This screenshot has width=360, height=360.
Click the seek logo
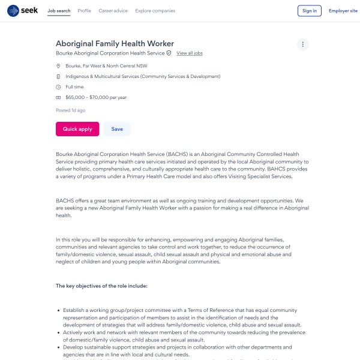tap(23, 11)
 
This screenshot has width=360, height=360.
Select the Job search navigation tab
tap(59, 11)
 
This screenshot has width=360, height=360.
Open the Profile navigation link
tap(85, 11)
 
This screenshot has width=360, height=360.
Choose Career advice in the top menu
tap(113, 11)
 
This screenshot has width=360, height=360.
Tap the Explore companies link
tap(155, 11)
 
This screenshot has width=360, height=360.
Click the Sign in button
tap(310, 11)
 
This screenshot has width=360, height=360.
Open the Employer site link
tap(343, 11)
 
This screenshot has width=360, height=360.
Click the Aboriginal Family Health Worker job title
tap(115, 43)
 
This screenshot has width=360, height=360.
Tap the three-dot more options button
tap(303, 44)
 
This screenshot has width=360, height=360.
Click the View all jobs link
tap(190, 53)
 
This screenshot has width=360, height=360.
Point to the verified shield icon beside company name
tap(169, 53)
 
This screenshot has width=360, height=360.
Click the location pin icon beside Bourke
tap(58, 66)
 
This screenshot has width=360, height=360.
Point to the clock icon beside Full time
tap(58, 87)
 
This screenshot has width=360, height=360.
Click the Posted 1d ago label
tap(70, 110)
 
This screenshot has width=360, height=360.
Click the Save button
tap(117, 129)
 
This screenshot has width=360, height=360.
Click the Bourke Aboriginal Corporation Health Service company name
tap(110, 53)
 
